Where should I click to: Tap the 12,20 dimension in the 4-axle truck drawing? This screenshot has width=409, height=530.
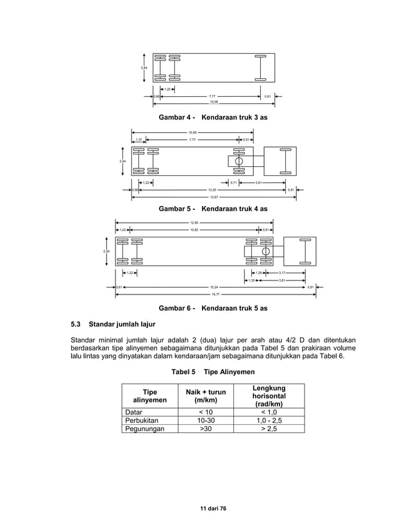212,190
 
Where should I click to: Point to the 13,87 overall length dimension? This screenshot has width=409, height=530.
212,198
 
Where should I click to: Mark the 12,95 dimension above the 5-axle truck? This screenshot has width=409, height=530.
194,223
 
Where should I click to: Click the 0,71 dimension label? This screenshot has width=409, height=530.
233,183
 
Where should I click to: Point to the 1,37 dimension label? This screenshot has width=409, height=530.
138,139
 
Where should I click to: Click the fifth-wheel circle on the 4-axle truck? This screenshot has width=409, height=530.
239,161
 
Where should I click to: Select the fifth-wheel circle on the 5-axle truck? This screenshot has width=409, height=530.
265,251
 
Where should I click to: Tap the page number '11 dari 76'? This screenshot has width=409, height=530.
213,508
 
